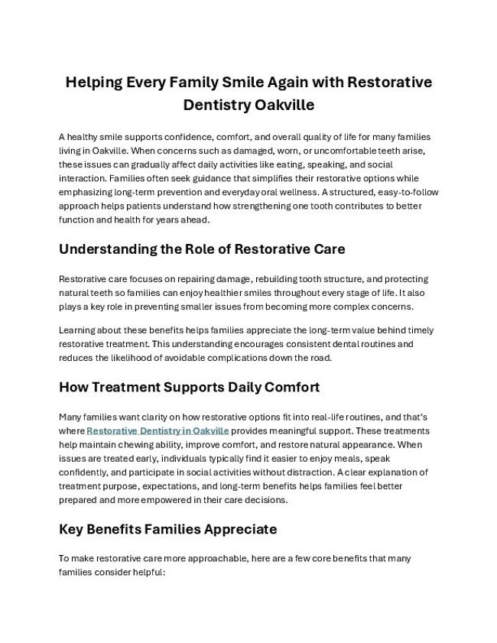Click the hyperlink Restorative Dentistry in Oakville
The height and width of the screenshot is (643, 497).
point(158,430)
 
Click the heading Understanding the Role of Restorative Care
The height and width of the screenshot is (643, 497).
point(202,249)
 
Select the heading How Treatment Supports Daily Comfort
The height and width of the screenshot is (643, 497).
point(189,387)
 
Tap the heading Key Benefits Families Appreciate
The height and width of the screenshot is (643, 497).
point(167,529)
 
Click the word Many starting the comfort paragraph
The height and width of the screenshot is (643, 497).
point(71,417)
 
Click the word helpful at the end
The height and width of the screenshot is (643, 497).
point(150,572)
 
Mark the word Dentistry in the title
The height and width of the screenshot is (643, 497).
point(216,105)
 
